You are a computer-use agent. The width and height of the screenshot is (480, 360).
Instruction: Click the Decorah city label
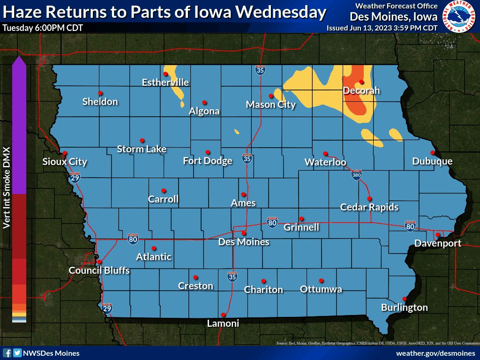361,91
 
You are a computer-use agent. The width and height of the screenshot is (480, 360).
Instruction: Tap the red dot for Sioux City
65,153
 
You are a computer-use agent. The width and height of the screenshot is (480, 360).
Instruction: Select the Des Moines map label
244,242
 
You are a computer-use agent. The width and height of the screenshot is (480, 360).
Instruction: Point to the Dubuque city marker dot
432,153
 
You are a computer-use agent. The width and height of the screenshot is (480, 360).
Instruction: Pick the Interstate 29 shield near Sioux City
74,178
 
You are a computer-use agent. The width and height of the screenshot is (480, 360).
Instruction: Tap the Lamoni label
223,323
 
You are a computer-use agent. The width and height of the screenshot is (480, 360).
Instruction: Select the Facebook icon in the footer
7,353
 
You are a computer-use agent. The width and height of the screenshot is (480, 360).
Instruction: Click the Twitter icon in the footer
17,353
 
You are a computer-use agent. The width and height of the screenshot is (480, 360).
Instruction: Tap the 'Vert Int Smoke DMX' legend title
7,192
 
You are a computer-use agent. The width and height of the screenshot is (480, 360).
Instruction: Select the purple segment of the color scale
19,127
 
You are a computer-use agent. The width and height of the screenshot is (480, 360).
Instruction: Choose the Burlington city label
404,307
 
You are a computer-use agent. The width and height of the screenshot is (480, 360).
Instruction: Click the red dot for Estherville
165,74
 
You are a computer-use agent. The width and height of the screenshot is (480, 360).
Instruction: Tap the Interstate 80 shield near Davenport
410,226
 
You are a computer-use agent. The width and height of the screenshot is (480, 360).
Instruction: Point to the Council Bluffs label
99,270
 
